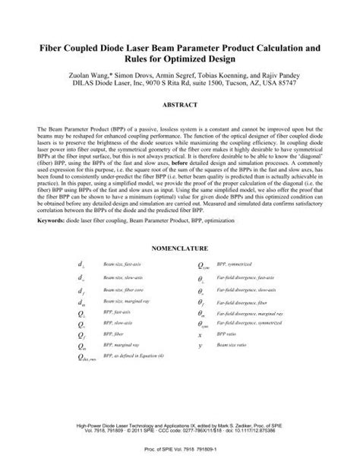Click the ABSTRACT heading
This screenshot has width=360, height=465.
click(x=179, y=101)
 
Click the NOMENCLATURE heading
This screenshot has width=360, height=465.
click(x=179, y=268)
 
